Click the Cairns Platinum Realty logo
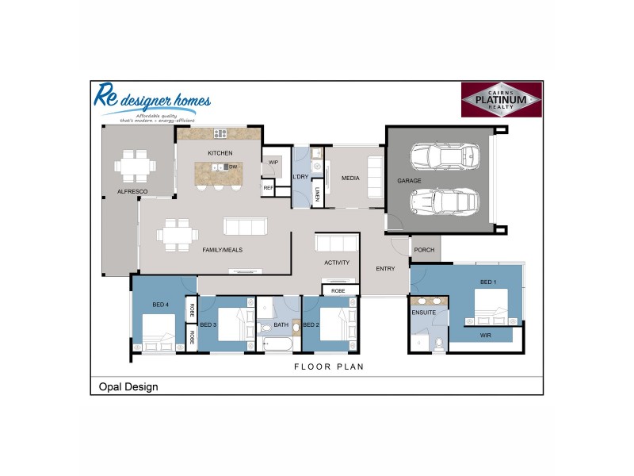point(501,101)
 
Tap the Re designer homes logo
point(151,102)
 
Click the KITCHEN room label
point(220,152)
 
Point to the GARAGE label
point(409,181)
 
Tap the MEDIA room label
point(350,178)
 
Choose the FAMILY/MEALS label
point(222,250)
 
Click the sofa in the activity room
point(337,243)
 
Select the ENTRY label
point(385,268)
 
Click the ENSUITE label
point(423,313)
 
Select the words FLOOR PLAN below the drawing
point(328,367)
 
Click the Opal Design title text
point(128,387)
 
